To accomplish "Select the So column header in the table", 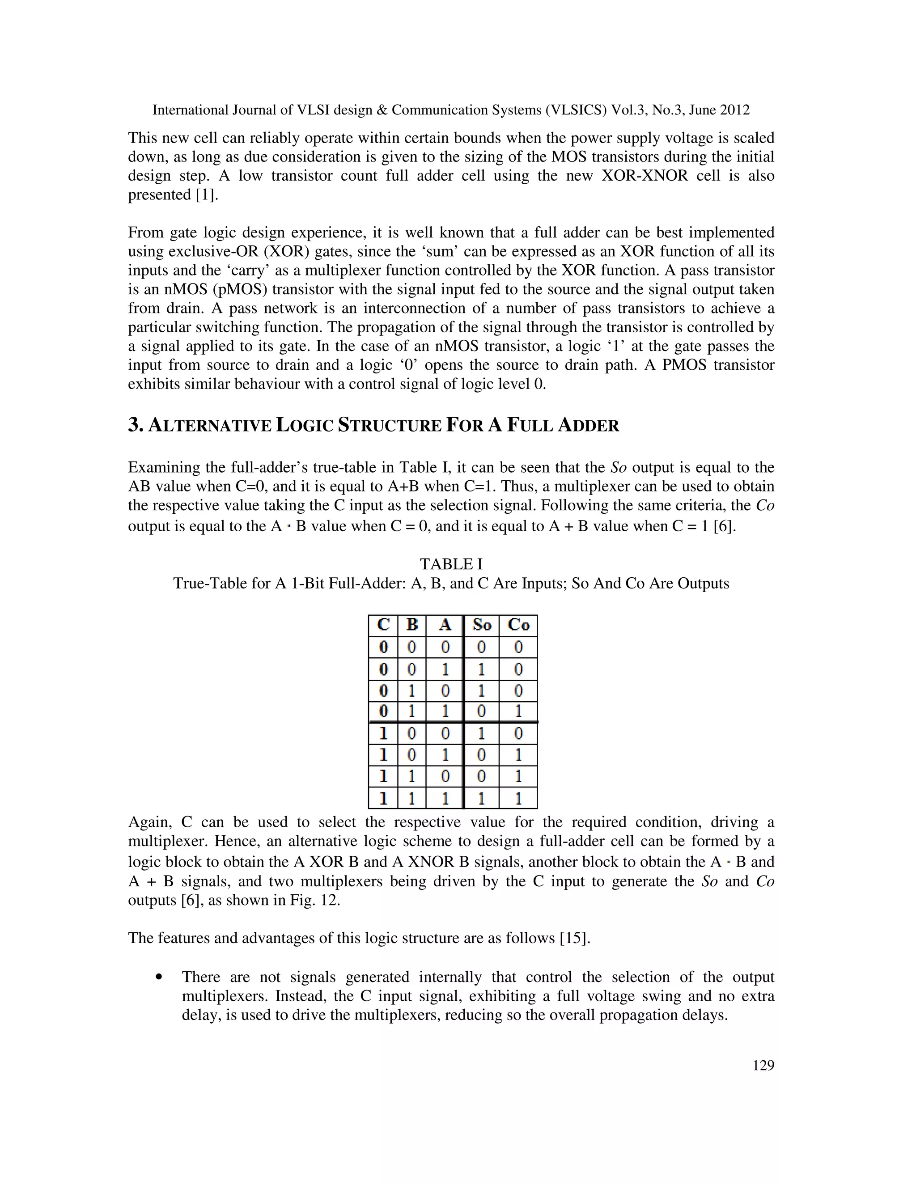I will tap(481, 625).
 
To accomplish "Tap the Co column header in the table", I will tap(518, 625).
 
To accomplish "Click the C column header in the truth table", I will tap(383, 625).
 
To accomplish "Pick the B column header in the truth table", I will tap(412, 625).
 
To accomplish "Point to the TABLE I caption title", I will tap(451, 564).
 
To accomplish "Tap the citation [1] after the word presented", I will tap(206, 195).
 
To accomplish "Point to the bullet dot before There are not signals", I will tap(158, 977).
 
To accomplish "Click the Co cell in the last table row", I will tap(518, 798).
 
